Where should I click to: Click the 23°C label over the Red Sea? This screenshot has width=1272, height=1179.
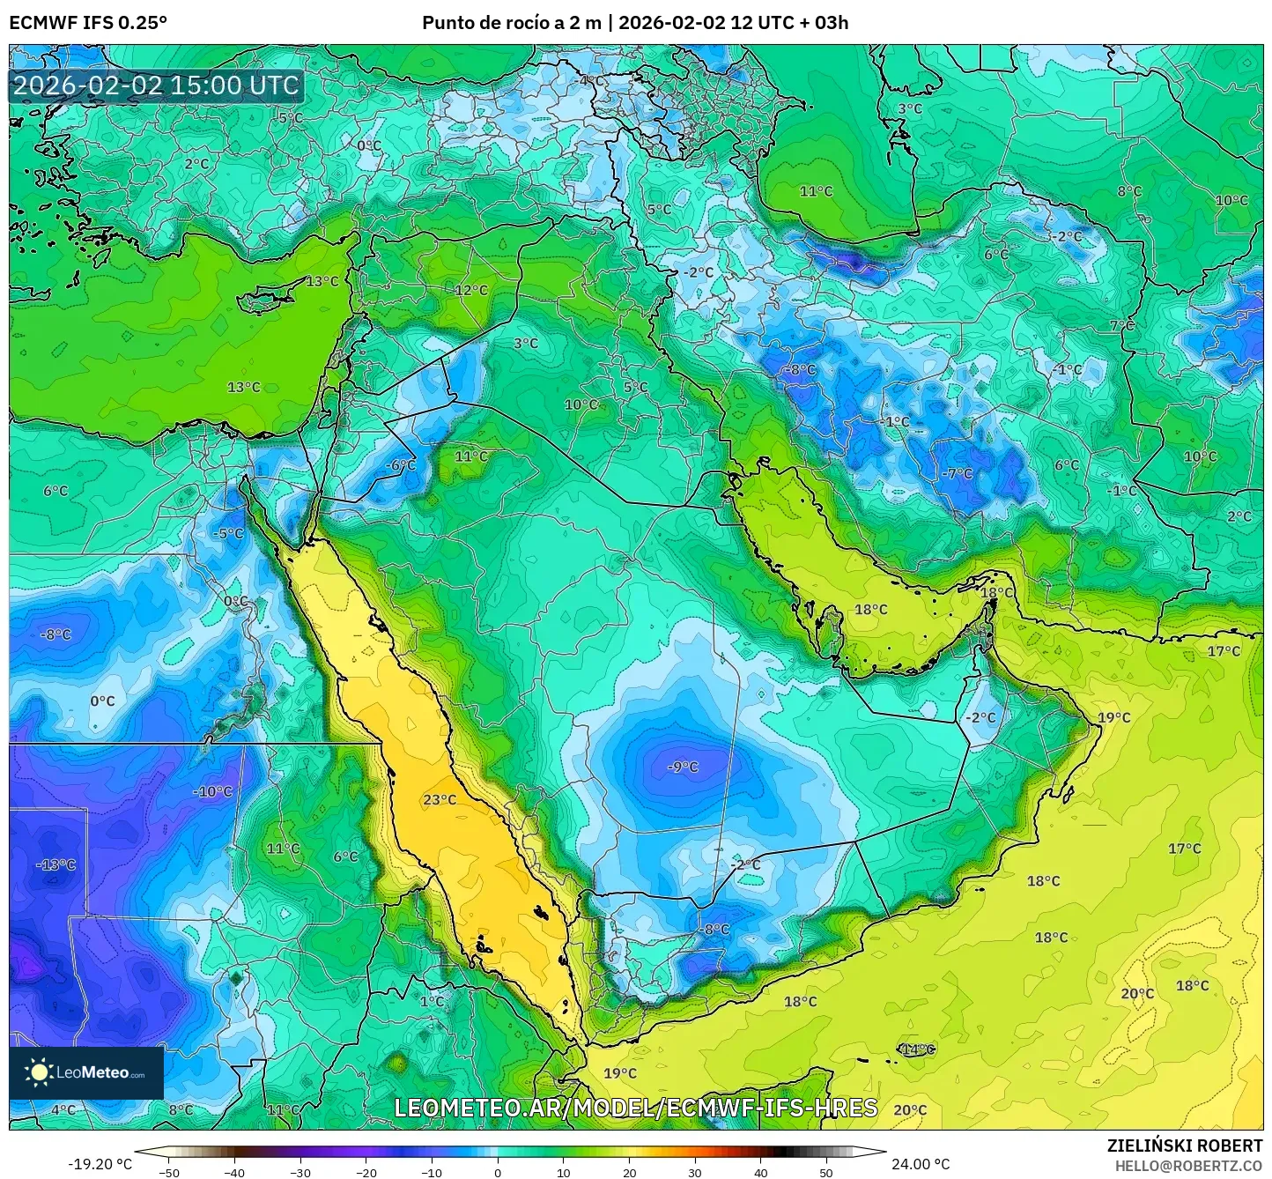[440, 800]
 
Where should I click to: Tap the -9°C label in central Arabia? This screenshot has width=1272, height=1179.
[683, 767]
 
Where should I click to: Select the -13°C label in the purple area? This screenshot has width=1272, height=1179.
[55, 865]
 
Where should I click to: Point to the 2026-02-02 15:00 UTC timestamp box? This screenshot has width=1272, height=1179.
[157, 85]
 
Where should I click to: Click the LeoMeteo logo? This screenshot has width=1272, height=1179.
[86, 1072]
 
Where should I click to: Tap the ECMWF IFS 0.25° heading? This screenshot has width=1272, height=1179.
[88, 23]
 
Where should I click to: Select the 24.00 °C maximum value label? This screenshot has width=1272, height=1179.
[921, 1164]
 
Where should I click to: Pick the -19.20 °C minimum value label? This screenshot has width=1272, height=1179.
[100, 1164]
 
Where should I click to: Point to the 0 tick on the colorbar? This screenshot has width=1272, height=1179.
[498, 1172]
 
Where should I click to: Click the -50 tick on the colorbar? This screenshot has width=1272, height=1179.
[169, 1172]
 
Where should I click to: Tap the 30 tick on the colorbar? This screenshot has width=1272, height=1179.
[695, 1172]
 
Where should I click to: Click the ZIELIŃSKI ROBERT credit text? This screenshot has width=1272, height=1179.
[1185, 1146]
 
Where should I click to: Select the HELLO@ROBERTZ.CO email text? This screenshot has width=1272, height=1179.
[1188, 1166]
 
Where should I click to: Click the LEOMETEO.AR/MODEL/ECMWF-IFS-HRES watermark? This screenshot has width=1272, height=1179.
[635, 1108]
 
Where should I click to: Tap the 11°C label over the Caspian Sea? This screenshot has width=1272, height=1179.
[816, 191]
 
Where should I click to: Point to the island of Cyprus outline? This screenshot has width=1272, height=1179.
[269, 300]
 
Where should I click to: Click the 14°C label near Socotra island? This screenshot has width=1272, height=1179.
[917, 1049]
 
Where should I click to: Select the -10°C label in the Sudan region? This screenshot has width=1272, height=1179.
[212, 792]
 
